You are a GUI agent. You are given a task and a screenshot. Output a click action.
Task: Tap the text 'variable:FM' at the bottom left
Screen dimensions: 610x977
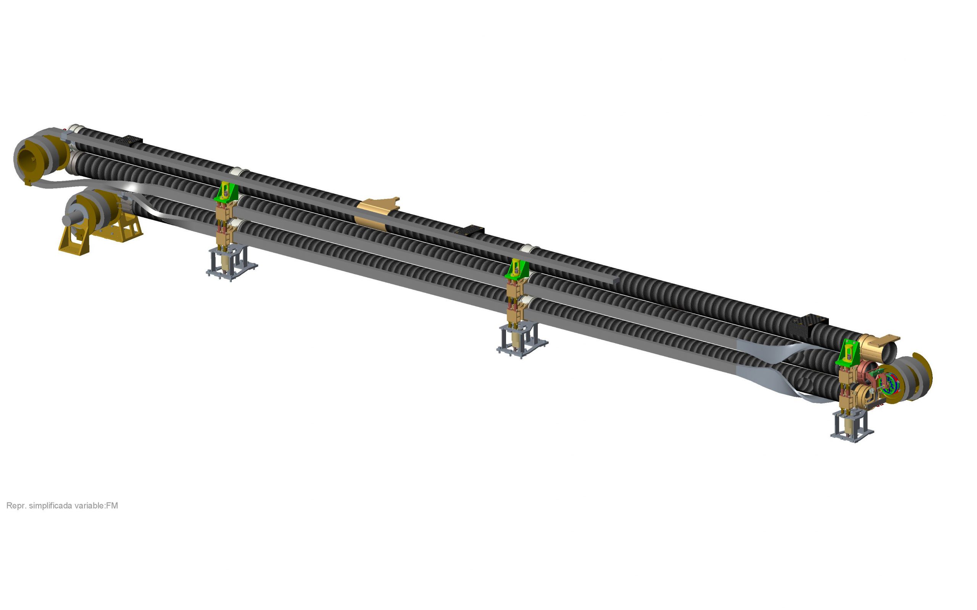tap(100, 506)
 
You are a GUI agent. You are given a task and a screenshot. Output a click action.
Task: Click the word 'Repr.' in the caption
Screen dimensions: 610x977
tap(16, 506)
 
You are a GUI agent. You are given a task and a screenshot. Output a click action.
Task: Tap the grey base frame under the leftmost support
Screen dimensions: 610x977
tap(231, 266)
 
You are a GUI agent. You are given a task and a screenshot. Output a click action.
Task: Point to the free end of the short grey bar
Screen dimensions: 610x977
tap(615, 279)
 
